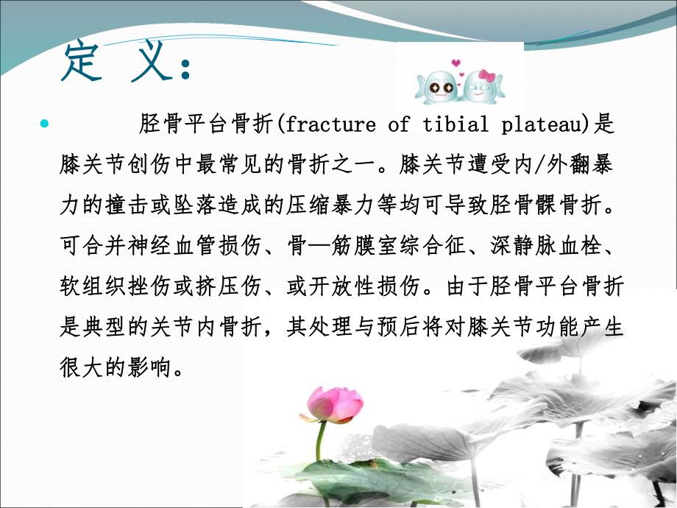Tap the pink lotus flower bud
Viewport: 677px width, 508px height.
point(335,404)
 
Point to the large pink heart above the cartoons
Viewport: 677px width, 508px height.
point(456,62)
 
